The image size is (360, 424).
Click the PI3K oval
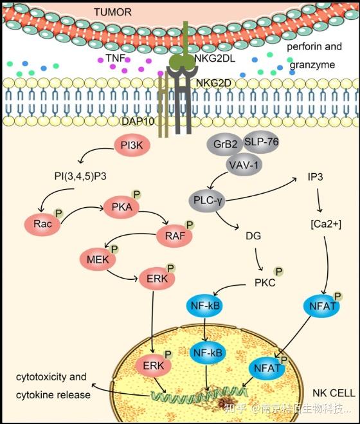[132, 145]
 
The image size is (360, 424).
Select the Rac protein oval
[42, 224]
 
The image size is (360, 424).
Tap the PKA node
[122, 207]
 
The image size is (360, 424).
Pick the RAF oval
[175, 235]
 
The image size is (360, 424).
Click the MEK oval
[98, 259]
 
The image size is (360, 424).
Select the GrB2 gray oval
[225, 144]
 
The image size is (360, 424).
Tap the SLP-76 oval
[261, 142]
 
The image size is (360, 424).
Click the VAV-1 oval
[244, 165]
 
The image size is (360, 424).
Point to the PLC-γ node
[207, 200]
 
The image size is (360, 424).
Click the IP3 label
[315, 177]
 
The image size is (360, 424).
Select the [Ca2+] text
[326, 224]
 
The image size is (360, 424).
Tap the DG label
[253, 236]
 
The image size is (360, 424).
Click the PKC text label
[265, 283]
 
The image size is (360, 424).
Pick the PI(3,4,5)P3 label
[80, 176]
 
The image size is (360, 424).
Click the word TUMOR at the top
[113, 12]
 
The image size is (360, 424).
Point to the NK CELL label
[334, 393]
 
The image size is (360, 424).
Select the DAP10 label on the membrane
[138, 122]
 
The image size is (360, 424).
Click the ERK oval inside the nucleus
[153, 366]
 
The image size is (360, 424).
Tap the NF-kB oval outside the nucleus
[205, 306]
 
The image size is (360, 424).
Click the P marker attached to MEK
[114, 249]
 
